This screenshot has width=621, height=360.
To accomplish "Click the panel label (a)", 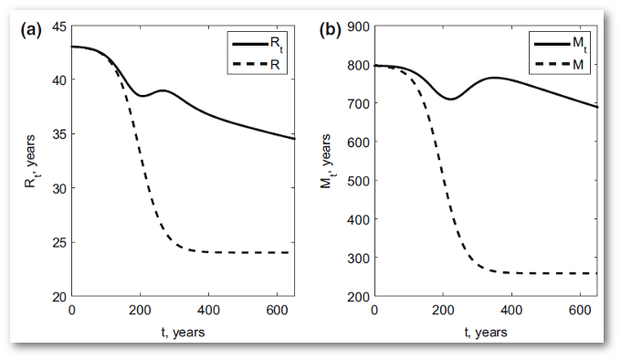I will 31,29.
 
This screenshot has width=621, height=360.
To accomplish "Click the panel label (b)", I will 330,29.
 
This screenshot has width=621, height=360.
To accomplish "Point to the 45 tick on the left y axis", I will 58,26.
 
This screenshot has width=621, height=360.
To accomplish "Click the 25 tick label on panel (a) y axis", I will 58,243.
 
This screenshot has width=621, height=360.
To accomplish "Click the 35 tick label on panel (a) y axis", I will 58,134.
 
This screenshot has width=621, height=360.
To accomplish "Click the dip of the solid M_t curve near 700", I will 449,99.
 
